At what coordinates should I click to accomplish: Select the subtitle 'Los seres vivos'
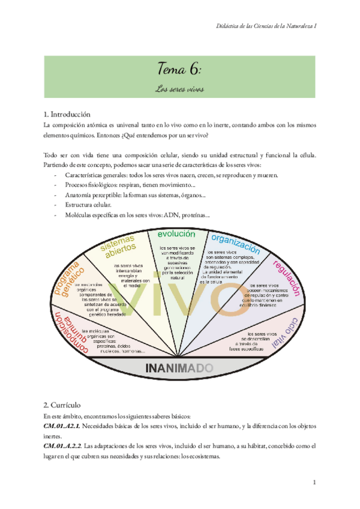pyautogui.click(x=179, y=89)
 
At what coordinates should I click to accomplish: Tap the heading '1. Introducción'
pyautogui.click(x=67, y=114)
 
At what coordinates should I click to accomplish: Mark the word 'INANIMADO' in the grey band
pyautogui.click(x=179, y=367)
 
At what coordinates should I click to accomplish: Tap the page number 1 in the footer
pyautogui.click(x=314, y=483)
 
